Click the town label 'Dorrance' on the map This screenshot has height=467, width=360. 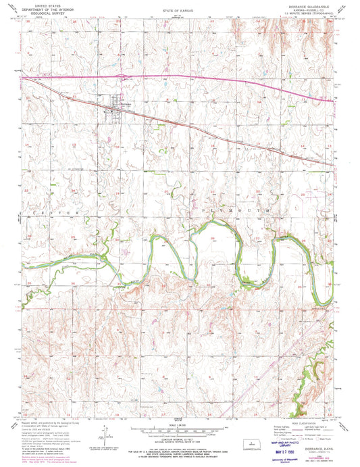pos(126,103)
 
